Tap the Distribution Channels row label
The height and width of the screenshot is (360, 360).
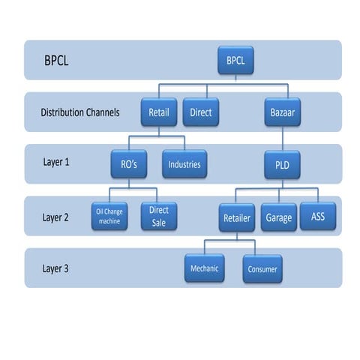tap(80, 113)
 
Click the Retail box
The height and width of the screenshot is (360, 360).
tap(159, 112)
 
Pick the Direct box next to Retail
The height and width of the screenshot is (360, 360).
tap(200, 112)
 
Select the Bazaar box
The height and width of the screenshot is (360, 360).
tap(280, 112)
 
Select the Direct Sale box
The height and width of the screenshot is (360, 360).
tap(158, 217)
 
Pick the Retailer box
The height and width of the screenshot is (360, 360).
tap(237, 217)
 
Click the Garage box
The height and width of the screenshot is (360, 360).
tap(278, 217)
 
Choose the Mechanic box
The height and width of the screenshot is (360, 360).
tap(205, 268)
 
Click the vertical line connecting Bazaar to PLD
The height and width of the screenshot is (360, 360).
tap(281, 139)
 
